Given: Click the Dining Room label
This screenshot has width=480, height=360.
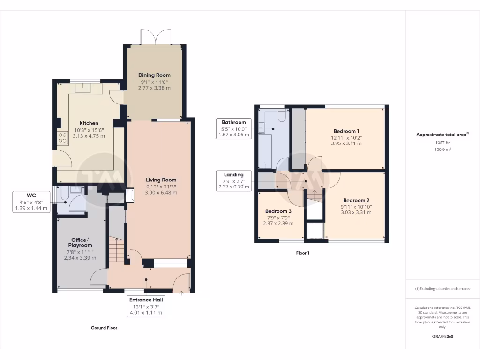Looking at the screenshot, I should pyautogui.click(x=154, y=75).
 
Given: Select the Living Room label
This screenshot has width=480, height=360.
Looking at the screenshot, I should pyautogui.click(x=161, y=180).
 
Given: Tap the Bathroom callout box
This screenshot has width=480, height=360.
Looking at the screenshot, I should pyautogui.click(x=234, y=128).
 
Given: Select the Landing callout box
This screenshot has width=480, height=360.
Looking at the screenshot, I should pyautogui.click(x=233, y=180).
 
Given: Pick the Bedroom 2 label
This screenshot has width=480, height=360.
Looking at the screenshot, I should pyautogui.click(x=356, y=200).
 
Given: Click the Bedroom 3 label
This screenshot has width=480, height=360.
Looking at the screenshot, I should pyautogui.click(x=278, y=211).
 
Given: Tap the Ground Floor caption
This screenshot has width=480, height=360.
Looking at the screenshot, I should pyautogui.click(x=104, y=328).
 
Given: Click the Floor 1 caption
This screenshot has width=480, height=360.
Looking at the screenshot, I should pyautogui.click(x=302, y=253).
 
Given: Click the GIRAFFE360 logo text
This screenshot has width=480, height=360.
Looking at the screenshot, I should pyautogui.click(x=442, y=336).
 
